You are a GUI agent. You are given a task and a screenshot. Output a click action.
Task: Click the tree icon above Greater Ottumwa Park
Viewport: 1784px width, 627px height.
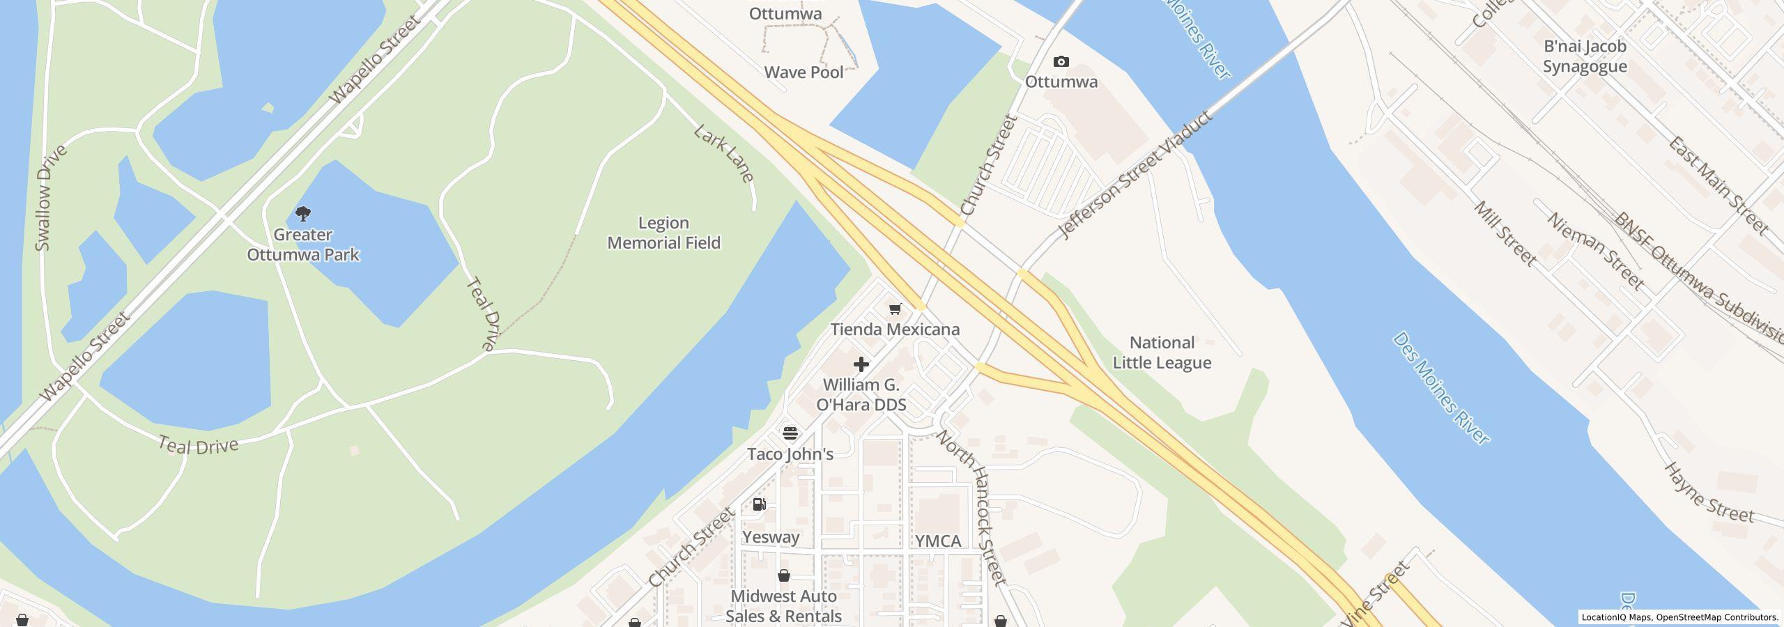click(x=303, y=213)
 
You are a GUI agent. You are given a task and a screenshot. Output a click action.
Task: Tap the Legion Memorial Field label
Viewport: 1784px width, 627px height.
click(x=663, y=233)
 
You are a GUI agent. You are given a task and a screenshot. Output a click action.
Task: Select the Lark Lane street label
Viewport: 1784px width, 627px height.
click(x=724, y=154)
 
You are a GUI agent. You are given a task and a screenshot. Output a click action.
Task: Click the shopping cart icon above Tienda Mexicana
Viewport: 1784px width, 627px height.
click(x=895, y=309)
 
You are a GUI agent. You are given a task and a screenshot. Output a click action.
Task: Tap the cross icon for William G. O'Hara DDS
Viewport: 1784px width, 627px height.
click(x=861, y=364)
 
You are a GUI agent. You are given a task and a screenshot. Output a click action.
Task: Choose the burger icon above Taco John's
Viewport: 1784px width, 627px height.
click(x=790, y=433)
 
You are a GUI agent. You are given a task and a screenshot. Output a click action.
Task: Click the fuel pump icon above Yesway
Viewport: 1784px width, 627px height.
click(x=759, y=504)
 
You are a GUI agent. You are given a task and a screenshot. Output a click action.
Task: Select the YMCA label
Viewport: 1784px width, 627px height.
click(x=937, y=541)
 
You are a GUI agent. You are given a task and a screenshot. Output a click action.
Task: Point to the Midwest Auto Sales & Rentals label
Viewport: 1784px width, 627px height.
click(x=783, y=606)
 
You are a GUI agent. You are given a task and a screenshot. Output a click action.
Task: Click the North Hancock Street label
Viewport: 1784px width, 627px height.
click(x=971, y=506)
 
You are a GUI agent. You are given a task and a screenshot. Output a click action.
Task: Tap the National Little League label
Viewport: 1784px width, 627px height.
click(x=1162, y=353)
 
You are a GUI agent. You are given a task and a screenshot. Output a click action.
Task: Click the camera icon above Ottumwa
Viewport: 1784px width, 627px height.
click(x=1061, y=62)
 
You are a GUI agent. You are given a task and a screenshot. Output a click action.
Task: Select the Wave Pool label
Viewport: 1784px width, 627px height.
click(x=803, y=72)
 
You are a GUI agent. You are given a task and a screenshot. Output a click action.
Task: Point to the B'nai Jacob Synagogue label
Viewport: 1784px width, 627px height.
click(x=1584, y=56)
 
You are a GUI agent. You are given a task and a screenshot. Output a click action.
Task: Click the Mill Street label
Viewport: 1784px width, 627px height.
click(x=1505, y=234)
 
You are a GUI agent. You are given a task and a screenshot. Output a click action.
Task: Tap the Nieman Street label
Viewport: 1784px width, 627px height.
click(x=1595, y=251)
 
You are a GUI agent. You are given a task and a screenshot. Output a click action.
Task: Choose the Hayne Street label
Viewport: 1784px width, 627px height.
click(x=1708, y=493)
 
